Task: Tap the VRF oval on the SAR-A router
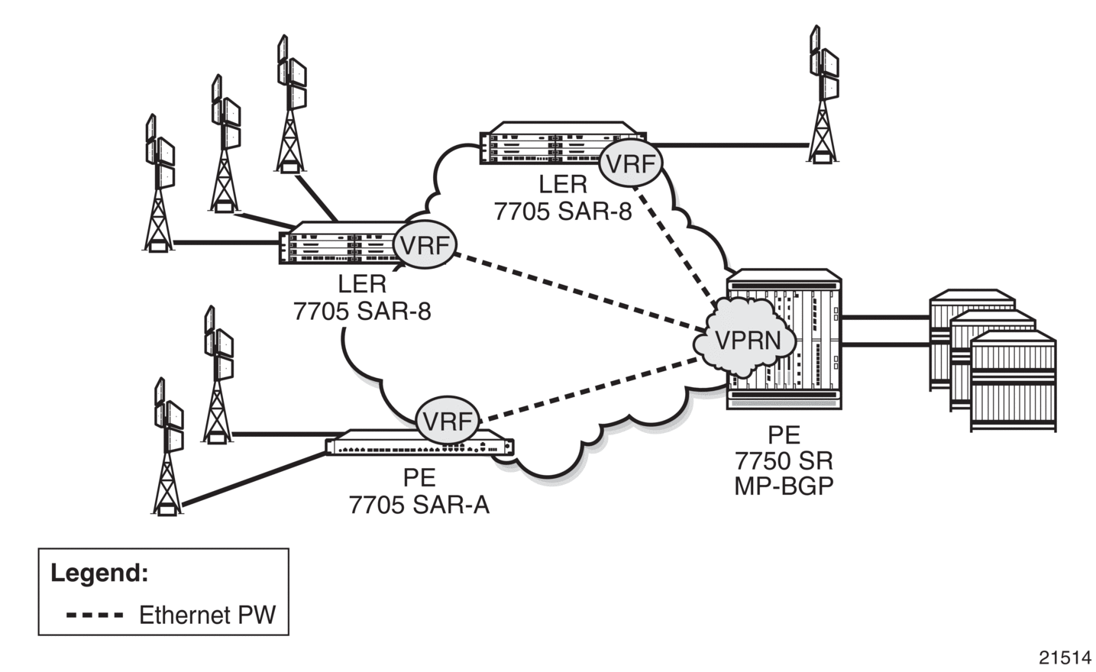[448, 420]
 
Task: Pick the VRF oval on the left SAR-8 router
[425, 244]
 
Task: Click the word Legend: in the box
[99, 573]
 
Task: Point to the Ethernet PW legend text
[208, 615]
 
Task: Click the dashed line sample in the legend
[95, 615]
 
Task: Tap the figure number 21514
[1065, 657]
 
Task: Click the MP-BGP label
[784, 486]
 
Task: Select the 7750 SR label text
[784, 460]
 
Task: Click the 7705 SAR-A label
[419, 505]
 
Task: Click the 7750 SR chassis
[784, 338]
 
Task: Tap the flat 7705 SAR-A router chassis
[420, 444]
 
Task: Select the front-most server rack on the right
[1013, 382]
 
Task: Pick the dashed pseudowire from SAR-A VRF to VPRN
[589, 389]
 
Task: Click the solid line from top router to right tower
[730, 145]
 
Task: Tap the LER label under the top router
[563, 184]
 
